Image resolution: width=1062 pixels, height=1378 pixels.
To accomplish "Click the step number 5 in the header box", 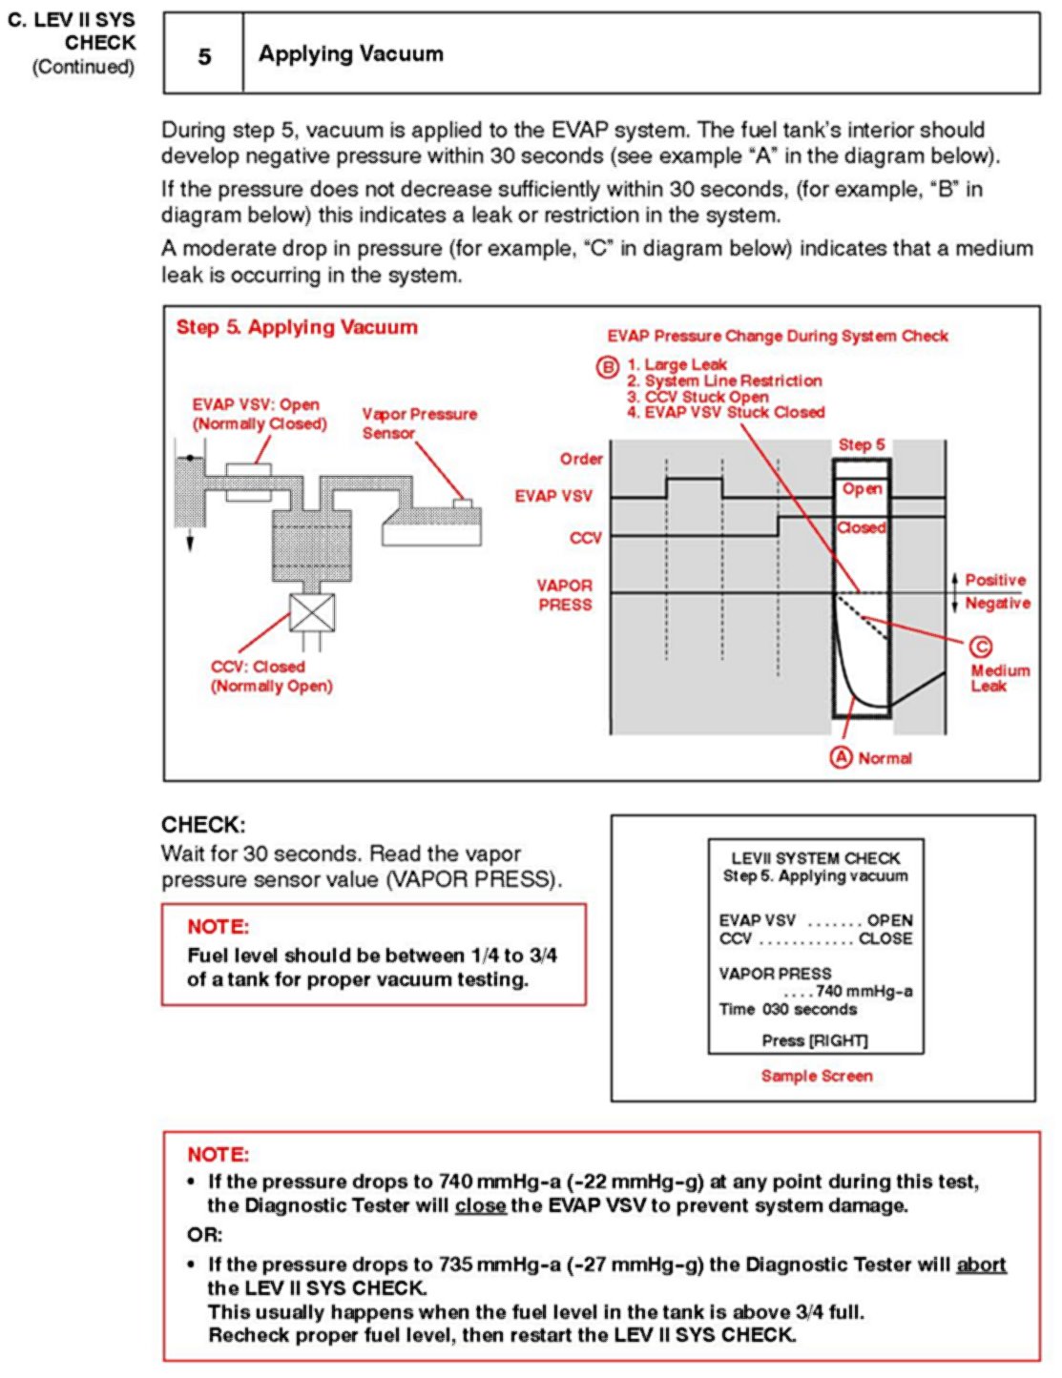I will (x=204, y=56).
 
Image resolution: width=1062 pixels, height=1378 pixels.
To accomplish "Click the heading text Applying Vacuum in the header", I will (x=350, y=54).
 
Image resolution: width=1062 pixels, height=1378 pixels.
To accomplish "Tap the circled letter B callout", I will (x=608, y=367).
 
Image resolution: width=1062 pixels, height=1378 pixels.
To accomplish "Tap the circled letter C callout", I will (x=980, y=648).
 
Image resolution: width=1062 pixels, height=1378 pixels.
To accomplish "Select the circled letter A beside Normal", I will (x=841, y=757).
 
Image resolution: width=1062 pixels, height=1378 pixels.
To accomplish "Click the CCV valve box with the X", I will (x=312, y=612).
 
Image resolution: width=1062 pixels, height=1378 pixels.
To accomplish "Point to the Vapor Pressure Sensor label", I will (x=419, y=422).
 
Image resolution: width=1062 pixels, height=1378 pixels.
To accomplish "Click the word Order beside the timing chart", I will (x=581, y=459).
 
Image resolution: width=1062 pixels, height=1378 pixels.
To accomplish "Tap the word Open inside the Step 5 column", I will (x=862, y=489).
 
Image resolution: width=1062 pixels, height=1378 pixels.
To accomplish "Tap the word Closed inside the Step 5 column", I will (x=862, y=527).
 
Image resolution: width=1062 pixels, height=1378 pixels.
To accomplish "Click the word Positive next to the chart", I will (x=995, y=580).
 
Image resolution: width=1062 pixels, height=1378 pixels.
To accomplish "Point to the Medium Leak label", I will (x=999, y=677).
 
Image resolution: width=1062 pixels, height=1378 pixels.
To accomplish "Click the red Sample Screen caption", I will (x=817, y=1076).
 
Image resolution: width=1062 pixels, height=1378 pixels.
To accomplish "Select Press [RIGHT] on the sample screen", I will (x=815, y=1040).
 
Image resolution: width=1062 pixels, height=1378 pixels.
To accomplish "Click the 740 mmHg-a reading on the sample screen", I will (x=864, y=991).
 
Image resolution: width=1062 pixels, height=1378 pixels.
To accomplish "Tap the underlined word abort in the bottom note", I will (x=981, y=1265).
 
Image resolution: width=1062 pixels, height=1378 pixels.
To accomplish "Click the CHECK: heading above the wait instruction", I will (x=203, y=825).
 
